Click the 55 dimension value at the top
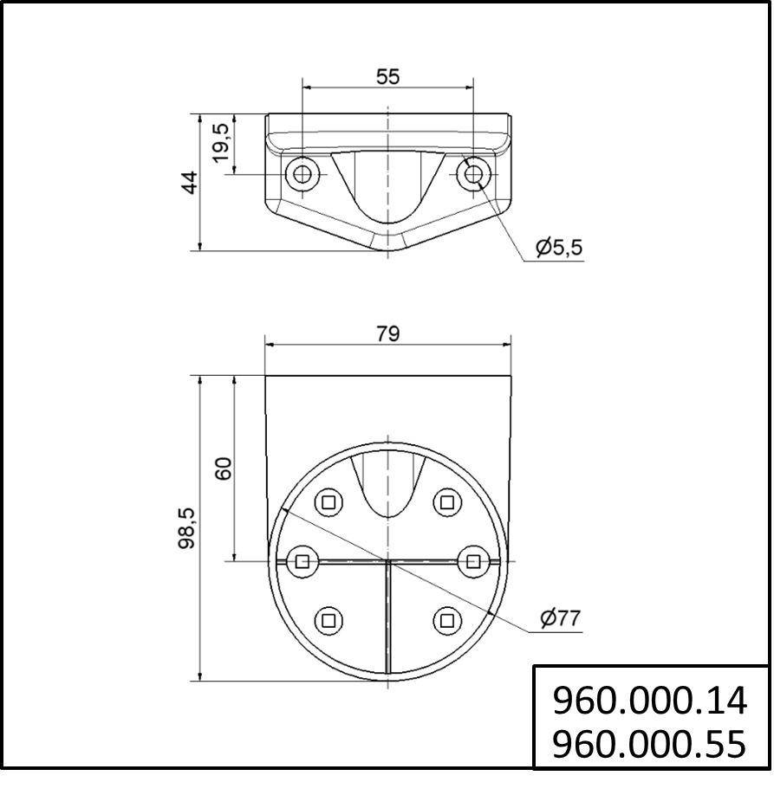coord(387,76)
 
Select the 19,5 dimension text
coord(221,141)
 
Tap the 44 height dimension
coord(189,183)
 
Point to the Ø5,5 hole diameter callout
coord(559,248)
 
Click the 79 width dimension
coord(387,333)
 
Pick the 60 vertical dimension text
coord(223,469)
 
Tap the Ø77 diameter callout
coord(559,618)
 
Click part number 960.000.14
coord(649,701)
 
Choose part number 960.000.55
coord(649,743)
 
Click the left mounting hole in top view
coord(302,175)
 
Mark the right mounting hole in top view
coord(472,175)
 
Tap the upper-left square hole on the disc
coord(328,501)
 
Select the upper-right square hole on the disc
coord(446,501)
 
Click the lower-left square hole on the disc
coord(328,619)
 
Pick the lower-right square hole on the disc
coord(446,619)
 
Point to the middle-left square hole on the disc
coord(302,561)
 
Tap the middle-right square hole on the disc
coord(473,561)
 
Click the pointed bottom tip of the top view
coord(387,252)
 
